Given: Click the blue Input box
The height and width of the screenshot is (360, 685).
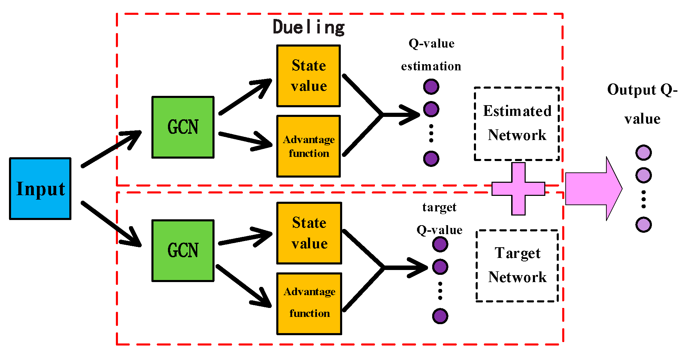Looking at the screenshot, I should (x=40, y=189).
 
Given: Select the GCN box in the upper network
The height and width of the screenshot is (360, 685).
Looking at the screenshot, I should (x=183, y=127).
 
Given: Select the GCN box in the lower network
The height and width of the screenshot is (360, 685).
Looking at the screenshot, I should (x=183, y=250).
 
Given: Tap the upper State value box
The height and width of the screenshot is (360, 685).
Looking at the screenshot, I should (x=308, y=76).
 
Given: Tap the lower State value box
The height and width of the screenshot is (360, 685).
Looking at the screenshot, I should (x=309, y=233).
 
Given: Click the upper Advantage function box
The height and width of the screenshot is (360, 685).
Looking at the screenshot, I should (x=308, y=146).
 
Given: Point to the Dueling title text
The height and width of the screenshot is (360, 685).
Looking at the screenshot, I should (x=308, y=27).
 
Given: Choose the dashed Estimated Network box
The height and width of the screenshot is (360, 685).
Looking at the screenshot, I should (x=517, y=123).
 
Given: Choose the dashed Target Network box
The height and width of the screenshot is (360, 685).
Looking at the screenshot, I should (x=517, y=266).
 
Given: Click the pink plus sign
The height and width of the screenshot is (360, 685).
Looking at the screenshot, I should (x=518, y=189).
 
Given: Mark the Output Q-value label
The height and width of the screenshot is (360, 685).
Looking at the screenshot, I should (x=642, y=103).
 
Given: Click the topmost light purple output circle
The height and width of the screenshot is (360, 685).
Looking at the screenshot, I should (x=643, y=152).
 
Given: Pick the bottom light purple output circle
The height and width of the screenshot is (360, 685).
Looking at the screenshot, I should (x=643, y=225).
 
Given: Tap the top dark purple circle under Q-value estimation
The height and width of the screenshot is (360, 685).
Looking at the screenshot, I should (x=431, y=87).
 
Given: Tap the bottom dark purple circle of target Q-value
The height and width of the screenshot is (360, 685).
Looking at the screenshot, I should (x=440, y=316).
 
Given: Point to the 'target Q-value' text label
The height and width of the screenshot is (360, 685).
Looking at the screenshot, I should (x=439, y=219).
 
